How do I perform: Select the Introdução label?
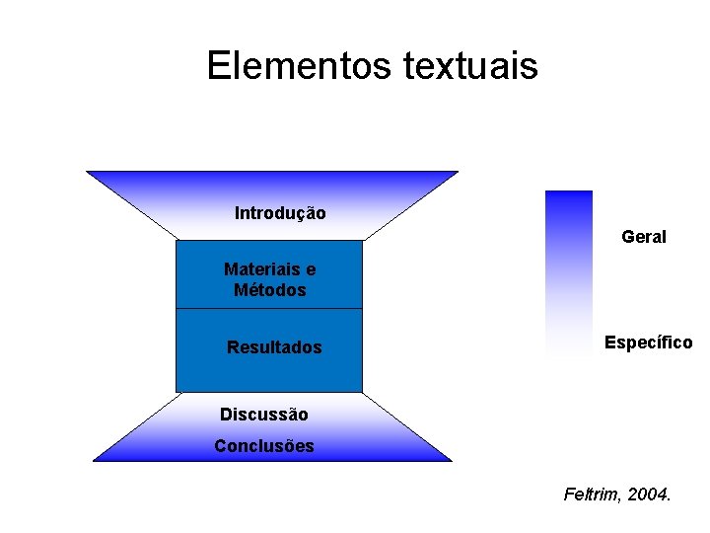pyautogui.click(x=280, y=213)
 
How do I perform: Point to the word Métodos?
pyautogui.click(x=269, y=290)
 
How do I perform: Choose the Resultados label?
pyautogui.click(x=274, y=347)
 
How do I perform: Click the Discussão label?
pyautogui.click(x=263, y=415)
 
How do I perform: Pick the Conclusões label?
pyautogui.click(x=264, y=446)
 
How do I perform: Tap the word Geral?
pyautogui.click(x=644, y=237)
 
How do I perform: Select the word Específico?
pyautogui.click(x=648, y=343)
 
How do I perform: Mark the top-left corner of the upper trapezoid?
pyautogui.click(x=88, y=173)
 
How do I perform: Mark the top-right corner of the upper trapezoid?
pyautogui.click(x=458, y=173)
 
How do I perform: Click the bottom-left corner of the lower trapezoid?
pyautogui.click(x=94, y=460)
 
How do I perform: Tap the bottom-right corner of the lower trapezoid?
pyautogui.click(x=451, y=460)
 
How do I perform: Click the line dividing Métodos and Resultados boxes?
pyautogui.click(x=268, y=309)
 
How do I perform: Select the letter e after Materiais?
pyautogui.click(x=311, y=269)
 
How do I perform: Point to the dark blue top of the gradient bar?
pyautogui.click(x=569, y=197)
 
